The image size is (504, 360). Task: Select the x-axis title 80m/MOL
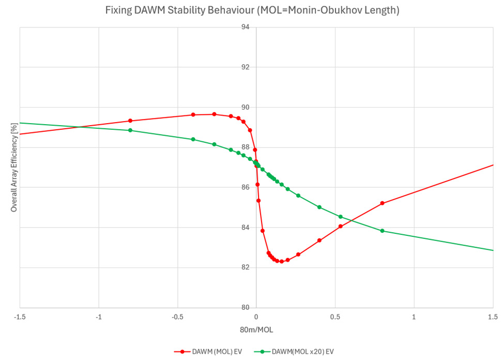256,329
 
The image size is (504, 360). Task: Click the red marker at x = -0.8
130,121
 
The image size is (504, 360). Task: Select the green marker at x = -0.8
130,130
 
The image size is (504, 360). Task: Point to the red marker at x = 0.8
382,203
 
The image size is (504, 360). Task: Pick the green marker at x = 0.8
382,231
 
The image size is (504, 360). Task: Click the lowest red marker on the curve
281,262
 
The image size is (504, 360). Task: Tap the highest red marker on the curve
214,114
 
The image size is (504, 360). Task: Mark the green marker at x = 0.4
319,207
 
